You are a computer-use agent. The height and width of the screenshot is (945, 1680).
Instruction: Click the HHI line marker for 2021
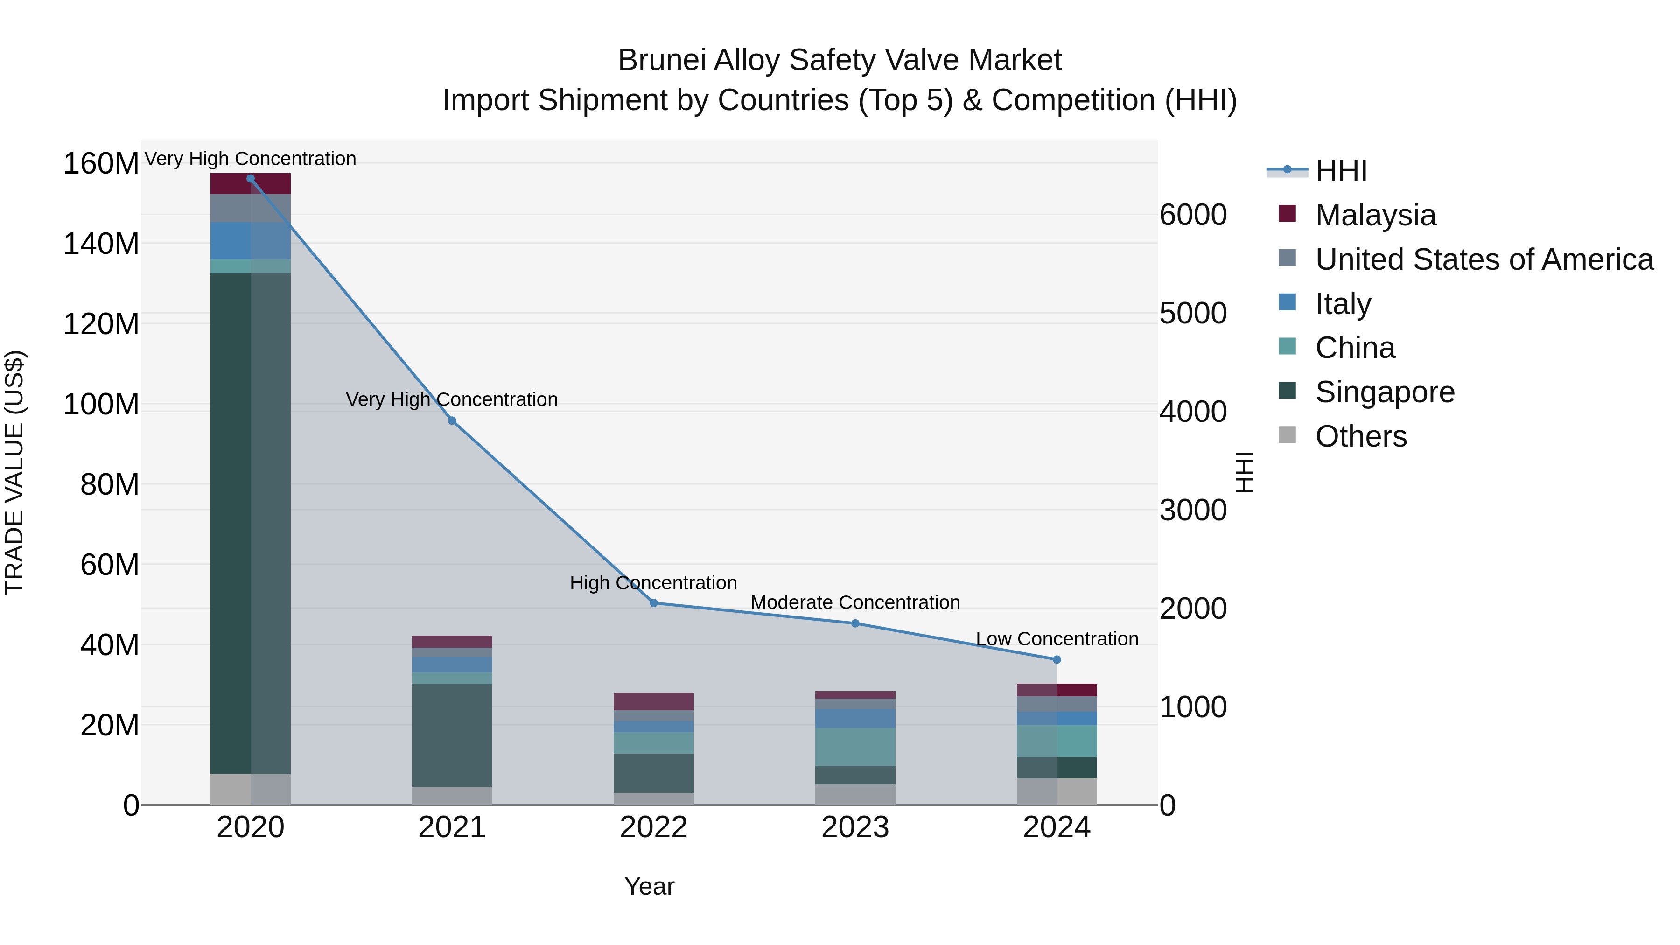pos(452,420)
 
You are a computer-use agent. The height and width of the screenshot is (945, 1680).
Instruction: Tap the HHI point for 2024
pos(1057,659)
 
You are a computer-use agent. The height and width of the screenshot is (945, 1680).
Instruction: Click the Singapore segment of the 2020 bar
pos(251,522)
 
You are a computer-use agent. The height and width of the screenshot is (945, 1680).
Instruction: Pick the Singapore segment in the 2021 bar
pos(452,735)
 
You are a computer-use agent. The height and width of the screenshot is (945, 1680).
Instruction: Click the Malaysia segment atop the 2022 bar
pos(653,701)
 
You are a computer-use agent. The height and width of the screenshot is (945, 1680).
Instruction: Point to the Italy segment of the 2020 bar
pos(251,241)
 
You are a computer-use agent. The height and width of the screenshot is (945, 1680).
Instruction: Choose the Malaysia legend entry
pos(1375,215)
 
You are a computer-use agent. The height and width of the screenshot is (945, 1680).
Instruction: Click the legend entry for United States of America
pos(1484,259)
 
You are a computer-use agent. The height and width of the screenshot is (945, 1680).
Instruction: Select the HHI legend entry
pos(1340,171)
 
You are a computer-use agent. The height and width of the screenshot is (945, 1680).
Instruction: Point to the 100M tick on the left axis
pos(101,404)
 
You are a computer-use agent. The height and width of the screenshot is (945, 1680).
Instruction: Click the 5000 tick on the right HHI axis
pos(1193,313)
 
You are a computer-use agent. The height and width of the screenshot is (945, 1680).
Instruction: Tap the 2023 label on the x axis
pos(855,827)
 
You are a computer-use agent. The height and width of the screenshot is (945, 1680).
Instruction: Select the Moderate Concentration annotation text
pos(855,602)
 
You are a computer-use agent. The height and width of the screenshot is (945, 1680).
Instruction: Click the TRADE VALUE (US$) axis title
pos(14,472)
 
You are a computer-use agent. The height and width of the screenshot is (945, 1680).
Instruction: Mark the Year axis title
pos(649,886)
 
